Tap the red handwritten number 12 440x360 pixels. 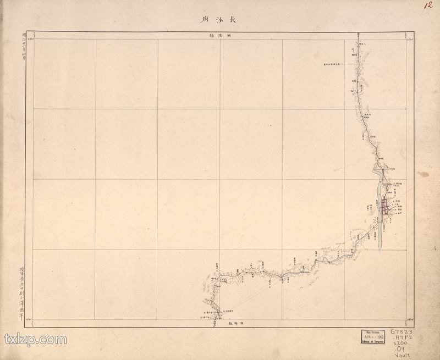[x=427, y=6]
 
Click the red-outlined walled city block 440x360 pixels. [x=387, y=207]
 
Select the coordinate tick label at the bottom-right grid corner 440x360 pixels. [x=410, y=319]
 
